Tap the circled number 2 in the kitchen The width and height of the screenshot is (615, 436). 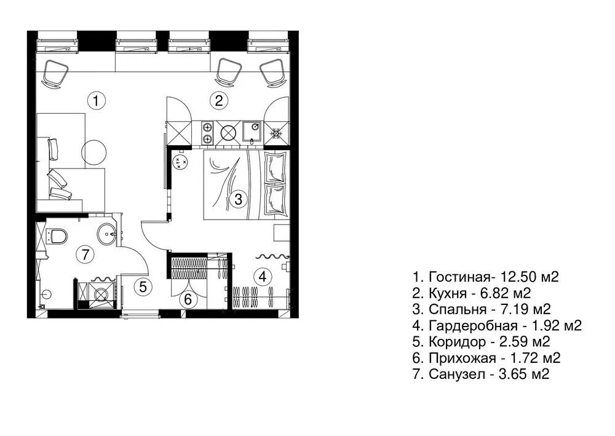[219, 100]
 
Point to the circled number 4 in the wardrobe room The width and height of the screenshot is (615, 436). [263, 277]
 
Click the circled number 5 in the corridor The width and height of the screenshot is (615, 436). [143, 287]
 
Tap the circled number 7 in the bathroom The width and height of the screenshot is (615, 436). [85, 253]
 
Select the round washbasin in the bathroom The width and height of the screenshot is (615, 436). [109, 234]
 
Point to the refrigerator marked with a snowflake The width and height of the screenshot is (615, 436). [276, 133]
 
